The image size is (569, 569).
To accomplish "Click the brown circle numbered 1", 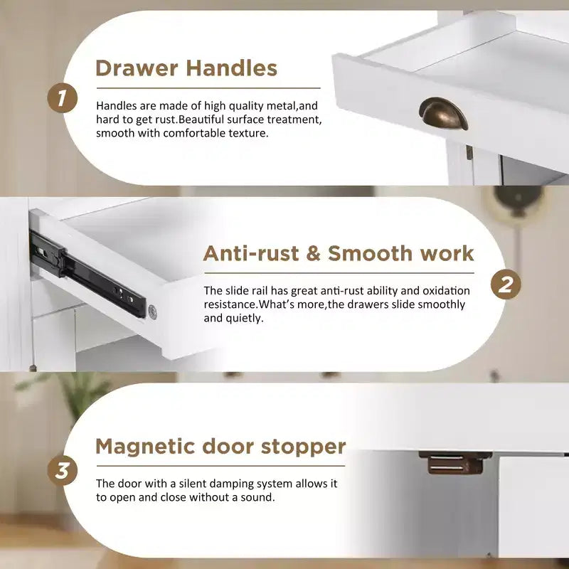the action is pos(62,98).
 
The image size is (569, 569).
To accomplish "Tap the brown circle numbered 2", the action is pos(506,284).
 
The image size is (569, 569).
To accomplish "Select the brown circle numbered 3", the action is pos(62,471).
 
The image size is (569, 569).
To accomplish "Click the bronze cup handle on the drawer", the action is pos(443,113).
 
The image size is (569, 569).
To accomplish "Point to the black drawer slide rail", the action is pos(87,274).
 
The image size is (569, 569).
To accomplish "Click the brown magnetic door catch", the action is pos(455,463).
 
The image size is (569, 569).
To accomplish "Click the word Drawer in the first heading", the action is pos(137,68).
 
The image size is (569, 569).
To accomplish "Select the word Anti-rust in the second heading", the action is pos(251,253).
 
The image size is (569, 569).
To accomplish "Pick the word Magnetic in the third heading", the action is pos(145,447).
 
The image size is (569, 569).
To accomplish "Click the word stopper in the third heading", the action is pos(303,447).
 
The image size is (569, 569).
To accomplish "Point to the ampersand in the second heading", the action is pos(313,253).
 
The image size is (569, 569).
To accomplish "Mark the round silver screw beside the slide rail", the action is pos(152,312).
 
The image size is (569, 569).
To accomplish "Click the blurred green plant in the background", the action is pos(69,394).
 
